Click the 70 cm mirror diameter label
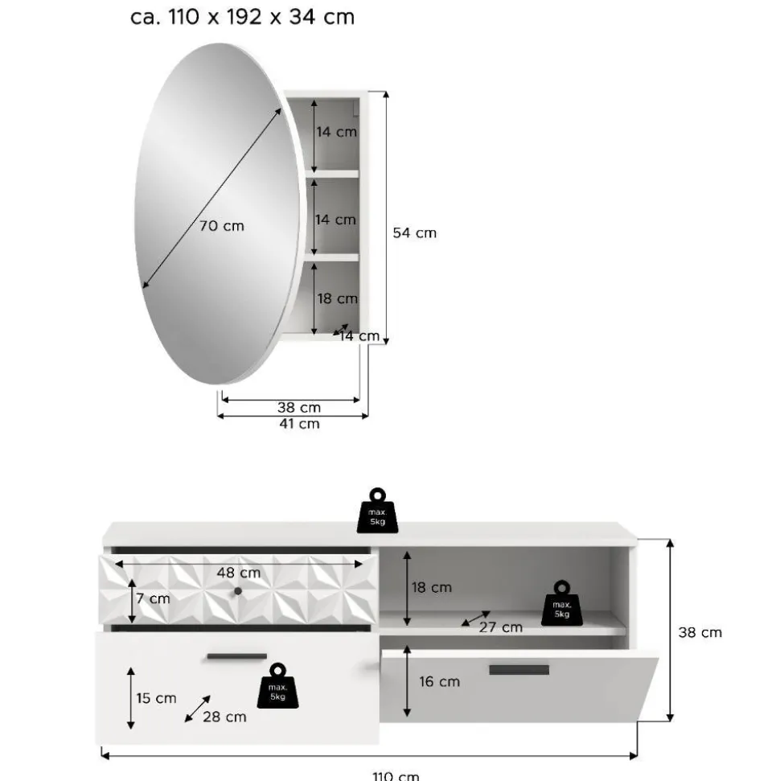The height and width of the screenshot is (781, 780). coord(222,226)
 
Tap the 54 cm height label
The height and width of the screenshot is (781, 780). coord(414,233)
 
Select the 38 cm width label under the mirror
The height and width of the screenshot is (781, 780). coord(299,408)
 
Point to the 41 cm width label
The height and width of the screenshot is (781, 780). coord(299,424)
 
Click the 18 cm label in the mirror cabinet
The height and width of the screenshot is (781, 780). coord(338,299)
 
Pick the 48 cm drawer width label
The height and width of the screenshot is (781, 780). coord(239,573)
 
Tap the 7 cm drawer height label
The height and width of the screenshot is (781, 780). coord(153,598)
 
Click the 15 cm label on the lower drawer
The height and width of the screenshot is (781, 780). coord(156,698)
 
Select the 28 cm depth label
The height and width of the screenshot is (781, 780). coord(224,717)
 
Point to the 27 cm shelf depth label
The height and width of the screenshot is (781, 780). coord(501,627)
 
